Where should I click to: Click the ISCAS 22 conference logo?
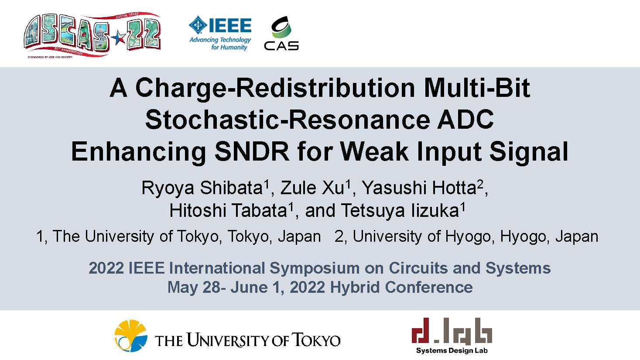pos(92,35)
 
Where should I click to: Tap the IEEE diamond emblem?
pos(199,25)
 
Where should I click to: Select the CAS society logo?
pos(281,34)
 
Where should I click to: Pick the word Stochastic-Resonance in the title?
pos(287,120)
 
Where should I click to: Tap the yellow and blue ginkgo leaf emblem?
pos(131,336)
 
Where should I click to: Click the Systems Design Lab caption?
pos(452,350)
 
